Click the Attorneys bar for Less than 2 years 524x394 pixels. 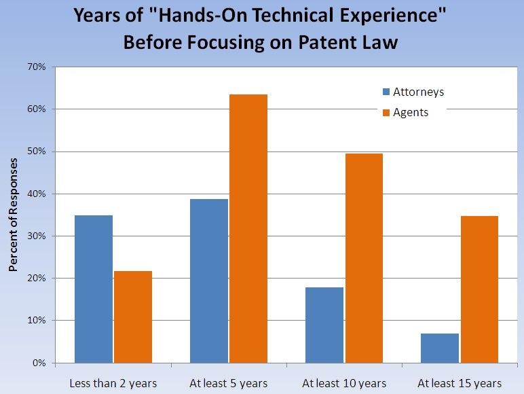tap(94, 289)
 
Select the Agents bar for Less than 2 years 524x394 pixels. tap(133, 317)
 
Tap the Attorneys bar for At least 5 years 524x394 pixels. tap(209, 281)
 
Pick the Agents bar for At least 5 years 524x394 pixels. tap(248, 228)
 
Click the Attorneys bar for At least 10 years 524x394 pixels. tap(324, 325)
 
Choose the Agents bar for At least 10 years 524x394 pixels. tap(364, 258)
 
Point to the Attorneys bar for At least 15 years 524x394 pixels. tap(440, 348)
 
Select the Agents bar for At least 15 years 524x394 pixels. tap(479, 289)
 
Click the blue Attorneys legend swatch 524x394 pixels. tap(386, 92)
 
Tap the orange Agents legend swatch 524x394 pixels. tap(386, 112)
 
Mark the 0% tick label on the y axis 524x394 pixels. tap(39, 363)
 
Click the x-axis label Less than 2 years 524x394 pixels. tap(113, 383)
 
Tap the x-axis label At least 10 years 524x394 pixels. tap(344, 383)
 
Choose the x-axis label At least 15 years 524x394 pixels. tap(460, 383)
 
